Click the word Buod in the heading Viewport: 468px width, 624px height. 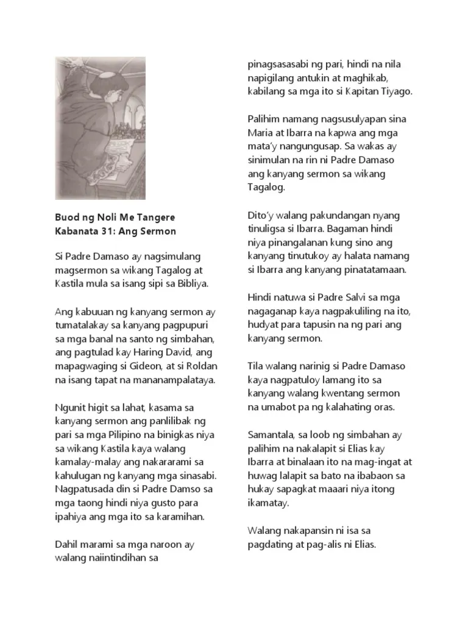[66, 218]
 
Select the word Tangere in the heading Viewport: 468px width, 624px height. [153, 218]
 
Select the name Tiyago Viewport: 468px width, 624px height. [395, 91]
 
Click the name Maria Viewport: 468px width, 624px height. [260, 133]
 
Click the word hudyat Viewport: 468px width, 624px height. [263, 325]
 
